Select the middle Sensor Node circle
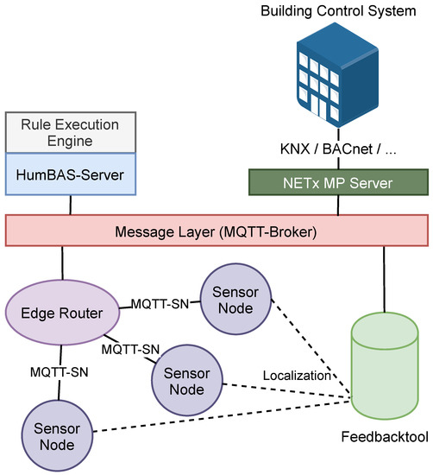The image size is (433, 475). click(185, 380)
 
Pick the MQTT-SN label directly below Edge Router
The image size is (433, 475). click(59, 372)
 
